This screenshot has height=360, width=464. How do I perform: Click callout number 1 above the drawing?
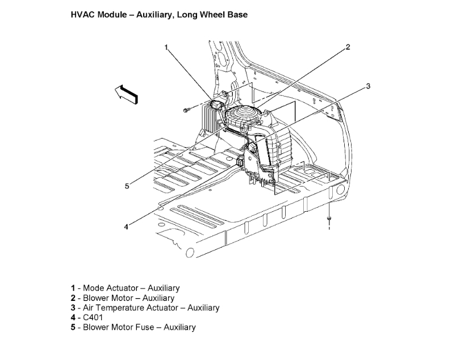coord(166,48)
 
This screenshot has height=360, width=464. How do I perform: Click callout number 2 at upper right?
coord(348,47)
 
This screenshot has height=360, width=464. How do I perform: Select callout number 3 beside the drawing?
coord(368,86)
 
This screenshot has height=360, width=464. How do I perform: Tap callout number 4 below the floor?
coord(126,227)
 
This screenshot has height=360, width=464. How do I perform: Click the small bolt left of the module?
coord(187,110)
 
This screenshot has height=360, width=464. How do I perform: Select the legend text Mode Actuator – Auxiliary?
coord(131,288)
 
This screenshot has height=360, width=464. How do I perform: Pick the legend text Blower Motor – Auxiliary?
coord(129,298)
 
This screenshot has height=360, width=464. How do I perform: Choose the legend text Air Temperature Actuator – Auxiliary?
coord(151,307)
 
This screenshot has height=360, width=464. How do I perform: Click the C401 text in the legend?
coord(93,317)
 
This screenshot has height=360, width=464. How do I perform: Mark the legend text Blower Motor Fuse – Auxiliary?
coord(139,327)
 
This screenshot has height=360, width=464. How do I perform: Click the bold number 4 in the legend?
coord(73,317)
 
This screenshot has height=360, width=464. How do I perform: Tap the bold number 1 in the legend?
coord(73,288)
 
